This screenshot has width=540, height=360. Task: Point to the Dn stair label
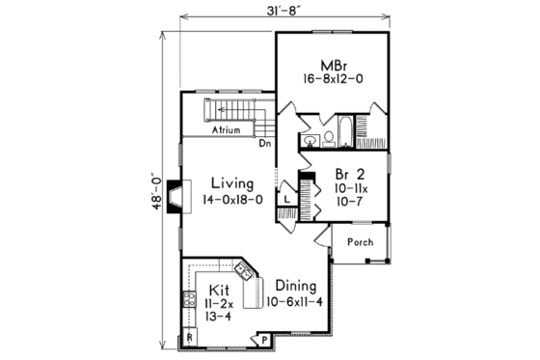pyautogui.click(x=264, y=143)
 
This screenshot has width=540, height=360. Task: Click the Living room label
pyautogui.click(x=232, y=182)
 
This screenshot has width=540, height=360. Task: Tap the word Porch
pyautogui.click(x=360, y=242)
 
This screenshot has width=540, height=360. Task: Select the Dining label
pyautogui.click(x=295, y=285)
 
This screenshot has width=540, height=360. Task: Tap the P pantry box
pyautogui.click(x=262, y=339)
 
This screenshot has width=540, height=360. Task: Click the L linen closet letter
pyautogui.click(x=286, y=200)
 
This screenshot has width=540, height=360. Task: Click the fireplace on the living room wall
pyautogui.click(x=173, y=197)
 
